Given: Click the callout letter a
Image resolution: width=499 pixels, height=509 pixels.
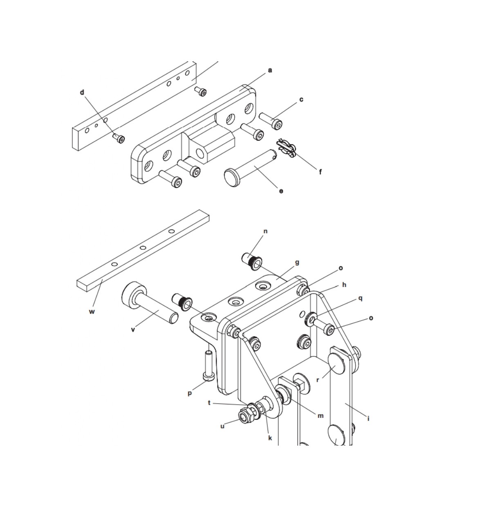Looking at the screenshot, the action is pos(270,71).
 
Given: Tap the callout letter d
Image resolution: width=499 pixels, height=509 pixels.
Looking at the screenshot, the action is pos(82,92).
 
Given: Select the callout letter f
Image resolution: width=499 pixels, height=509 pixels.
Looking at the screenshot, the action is pos(320,172).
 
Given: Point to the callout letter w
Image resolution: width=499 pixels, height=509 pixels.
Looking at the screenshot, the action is pos(92,312).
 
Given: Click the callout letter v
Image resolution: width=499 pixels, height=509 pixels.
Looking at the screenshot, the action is pos(133,330).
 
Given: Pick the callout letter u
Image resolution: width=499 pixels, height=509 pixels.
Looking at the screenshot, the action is pos(222,426).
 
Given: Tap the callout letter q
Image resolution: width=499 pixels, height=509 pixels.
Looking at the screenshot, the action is pos(360,299).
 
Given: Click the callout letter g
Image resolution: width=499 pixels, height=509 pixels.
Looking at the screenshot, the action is pos(297,263).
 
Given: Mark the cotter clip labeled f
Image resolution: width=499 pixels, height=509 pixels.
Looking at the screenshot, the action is pos(286,149).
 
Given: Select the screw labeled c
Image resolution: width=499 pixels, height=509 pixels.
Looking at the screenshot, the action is pos(271,121).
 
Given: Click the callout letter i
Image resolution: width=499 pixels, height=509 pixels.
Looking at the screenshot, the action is pos(368,426).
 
